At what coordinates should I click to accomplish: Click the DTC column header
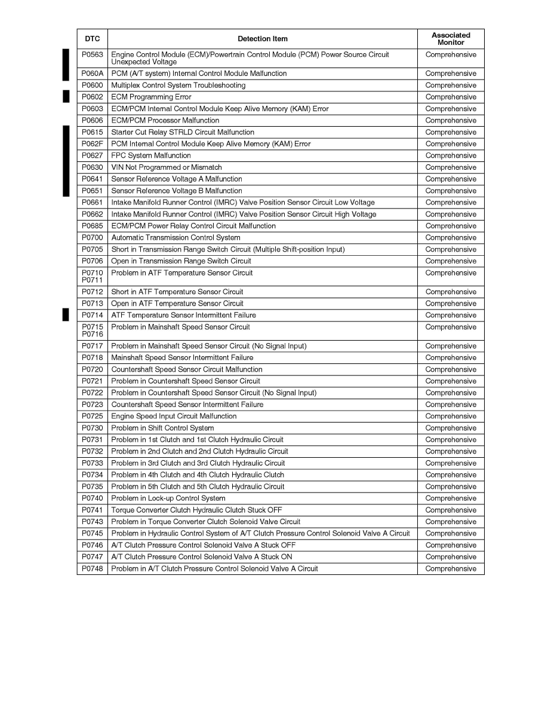92,39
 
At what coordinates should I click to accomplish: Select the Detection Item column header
262,39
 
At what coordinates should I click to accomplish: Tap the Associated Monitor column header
451,39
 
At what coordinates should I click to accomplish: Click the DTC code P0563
92,55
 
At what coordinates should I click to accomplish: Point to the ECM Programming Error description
151,97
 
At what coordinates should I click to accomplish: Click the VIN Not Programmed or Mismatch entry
167,167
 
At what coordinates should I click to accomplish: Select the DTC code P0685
92,226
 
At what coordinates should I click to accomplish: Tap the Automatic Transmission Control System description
176,238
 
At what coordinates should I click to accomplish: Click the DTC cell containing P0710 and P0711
92,276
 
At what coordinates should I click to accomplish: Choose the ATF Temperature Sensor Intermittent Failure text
183,315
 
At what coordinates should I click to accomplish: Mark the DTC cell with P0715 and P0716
92,330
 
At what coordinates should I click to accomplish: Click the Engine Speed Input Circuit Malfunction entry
174,417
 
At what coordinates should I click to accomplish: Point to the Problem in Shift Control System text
162,428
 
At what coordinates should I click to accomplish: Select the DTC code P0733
92,463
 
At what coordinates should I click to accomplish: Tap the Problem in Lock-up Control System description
168,498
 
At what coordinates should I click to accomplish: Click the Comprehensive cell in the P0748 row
451,569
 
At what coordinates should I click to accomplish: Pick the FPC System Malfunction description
151,155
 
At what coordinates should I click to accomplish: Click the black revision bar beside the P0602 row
66,97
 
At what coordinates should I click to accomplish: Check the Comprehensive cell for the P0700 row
451,238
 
